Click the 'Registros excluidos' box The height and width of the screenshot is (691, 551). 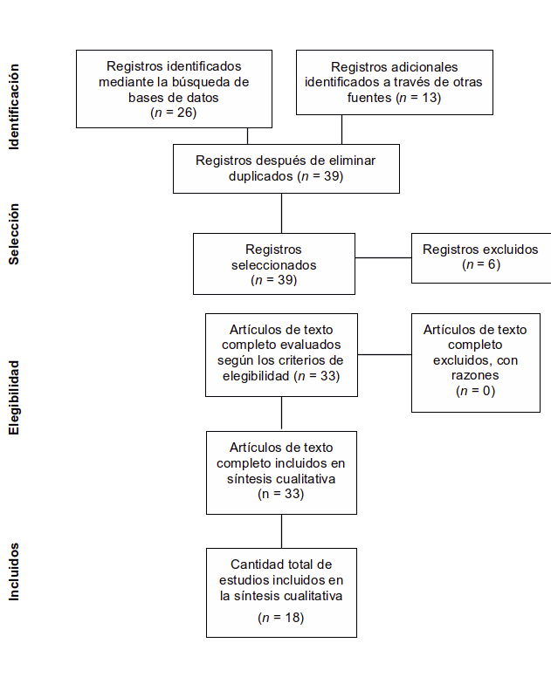(x=481, y=257)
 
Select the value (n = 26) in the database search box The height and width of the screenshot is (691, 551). (x=174, y=113)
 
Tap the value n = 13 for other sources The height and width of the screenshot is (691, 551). (x=417, y=98)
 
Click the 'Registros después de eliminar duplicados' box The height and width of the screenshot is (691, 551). (x=286, y=168)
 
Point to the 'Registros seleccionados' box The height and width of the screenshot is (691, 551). (x=274, y=264)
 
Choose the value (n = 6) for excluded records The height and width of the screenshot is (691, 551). (x=481, y=264)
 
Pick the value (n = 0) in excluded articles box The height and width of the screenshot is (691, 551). (x=475, y=391)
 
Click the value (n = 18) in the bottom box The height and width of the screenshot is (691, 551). (x=281, y=618)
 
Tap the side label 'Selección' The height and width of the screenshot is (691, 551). (x=15, y=235)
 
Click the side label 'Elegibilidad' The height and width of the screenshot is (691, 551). (x=15, y=397)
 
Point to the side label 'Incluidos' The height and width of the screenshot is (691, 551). (x=15, y=571)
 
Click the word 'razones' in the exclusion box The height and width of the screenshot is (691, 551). (x=475, y=375)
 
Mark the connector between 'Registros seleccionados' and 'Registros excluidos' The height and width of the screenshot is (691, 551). (x=383, y=257)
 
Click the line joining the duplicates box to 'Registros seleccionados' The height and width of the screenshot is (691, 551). (x=281, y=213)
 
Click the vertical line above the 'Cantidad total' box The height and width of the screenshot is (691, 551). (x=281, y=531)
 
